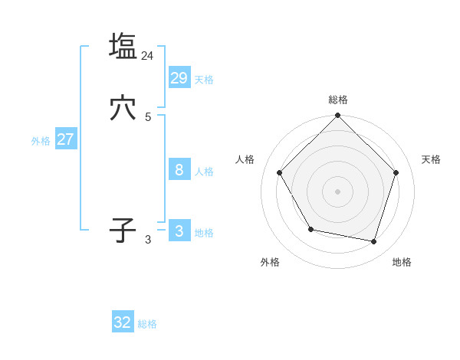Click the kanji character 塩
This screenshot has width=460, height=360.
coord(123,46)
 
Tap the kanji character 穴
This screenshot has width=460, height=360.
coord(123,109)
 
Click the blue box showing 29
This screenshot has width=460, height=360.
coord(179,77)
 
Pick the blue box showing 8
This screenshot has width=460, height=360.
coord(179,170)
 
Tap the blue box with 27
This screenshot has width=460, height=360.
coord(65,139)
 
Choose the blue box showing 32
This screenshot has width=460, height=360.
coord(123,322)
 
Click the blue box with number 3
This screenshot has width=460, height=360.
coord(179,231)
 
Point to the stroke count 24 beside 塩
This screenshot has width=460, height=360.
coord(148,55)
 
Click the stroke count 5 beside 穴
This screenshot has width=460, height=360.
coord(148,116)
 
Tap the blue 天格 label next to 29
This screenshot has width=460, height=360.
coord(204,80)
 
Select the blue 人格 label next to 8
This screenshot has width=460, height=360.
coord(204,172)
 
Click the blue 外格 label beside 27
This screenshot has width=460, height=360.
coord(41,141)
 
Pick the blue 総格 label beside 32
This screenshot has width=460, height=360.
coord(147,324)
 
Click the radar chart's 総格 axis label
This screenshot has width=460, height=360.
coord(338,100)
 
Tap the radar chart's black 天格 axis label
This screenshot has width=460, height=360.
coord(432,159)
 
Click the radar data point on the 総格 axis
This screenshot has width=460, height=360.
coord(337,116)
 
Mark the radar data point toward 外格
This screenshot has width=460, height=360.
coord(310,229)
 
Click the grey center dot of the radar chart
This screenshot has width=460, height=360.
coord(337,191)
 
